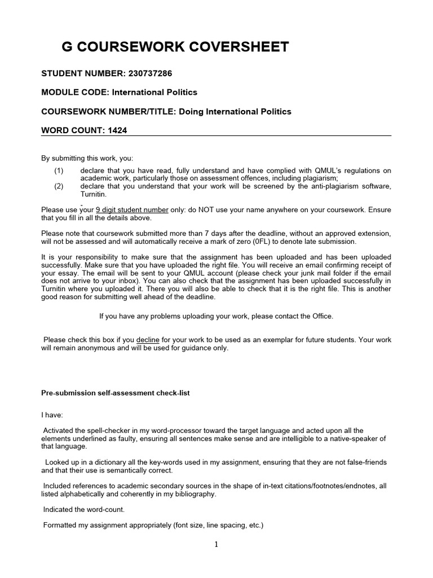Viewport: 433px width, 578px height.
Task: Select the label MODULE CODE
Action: (74, 93)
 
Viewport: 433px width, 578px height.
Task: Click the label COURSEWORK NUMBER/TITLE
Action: (108, 111)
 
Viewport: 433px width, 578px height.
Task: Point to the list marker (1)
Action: (59, 170)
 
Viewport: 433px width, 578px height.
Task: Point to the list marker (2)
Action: (59, 186)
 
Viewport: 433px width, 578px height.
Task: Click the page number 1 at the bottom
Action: (216, 545)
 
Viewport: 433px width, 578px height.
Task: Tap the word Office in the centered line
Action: (320, 316)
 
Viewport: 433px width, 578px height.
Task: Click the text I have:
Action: (52, 414)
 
